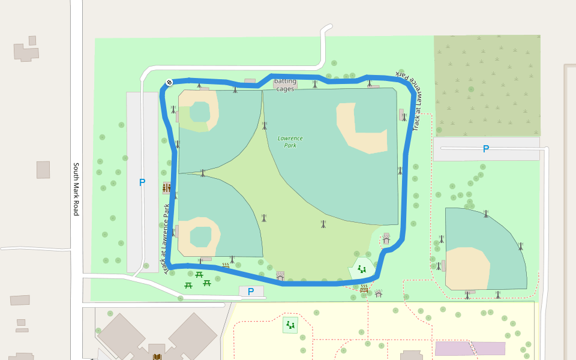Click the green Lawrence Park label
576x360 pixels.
tap(290, 142)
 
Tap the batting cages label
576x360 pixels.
tap(286, 85)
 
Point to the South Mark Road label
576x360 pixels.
tap(76, 189)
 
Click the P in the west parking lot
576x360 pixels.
tap(142, 182)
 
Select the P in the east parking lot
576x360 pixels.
tap(486, 149)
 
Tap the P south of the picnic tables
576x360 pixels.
tap(251, 292)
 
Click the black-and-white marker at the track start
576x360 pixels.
tap(169, 83)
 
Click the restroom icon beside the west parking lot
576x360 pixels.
tap(166, 188)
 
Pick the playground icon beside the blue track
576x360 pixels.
tap(362, 269)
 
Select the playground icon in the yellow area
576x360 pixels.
tap(290, 325)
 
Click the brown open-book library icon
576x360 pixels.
tap(157, 357)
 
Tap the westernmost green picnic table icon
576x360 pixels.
tap(188, 284)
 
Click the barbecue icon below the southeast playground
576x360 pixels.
tap(364, 289)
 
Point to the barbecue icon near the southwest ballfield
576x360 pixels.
tap(226, 265)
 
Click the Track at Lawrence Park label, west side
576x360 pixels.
tap(166, 239)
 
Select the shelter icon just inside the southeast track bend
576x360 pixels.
tap(386, 238)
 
